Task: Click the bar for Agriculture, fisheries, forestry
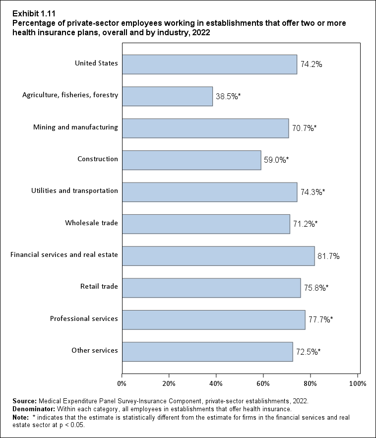click(x=167, y=96)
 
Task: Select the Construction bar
click(x=191, y=160)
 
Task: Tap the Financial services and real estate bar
click(x=218, y=256)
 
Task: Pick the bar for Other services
click(x=207, y=351)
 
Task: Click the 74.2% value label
click(x=311, y=64)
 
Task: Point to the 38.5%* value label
click(x=228, y=96)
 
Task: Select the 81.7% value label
click(x=328, y=256)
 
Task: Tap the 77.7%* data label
click(x=320, y=319)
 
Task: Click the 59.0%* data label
click(x=276, y=160)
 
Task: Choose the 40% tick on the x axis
click(x=216, y=383)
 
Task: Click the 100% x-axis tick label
click(x=358, y=383)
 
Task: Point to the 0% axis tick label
click(x=122, y=383)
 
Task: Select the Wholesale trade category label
click(x=91, y=223)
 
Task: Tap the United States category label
click(x=96, y=63)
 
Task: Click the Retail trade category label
click(x=99, y=286)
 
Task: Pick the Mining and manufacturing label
click(x=75, y=127)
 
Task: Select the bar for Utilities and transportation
click(x=209, y=192)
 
